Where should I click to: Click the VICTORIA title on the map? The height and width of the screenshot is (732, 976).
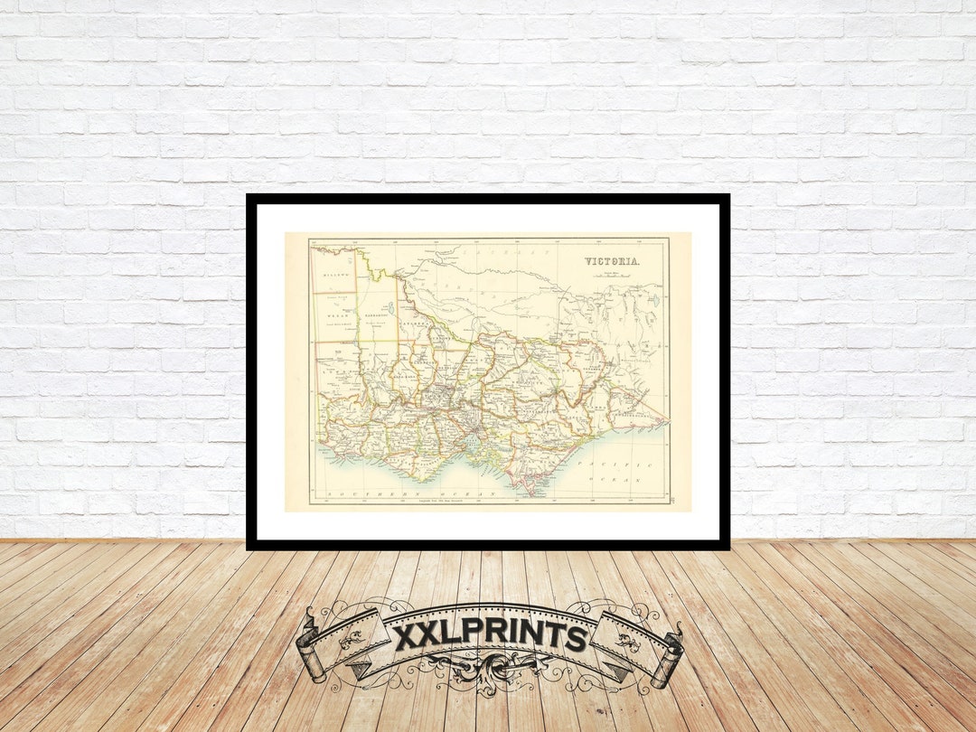(x=613, y=262)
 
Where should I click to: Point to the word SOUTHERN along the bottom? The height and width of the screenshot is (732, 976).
(x=375, y=495)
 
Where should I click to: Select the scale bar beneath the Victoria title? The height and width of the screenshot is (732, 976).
(x=613, y=277)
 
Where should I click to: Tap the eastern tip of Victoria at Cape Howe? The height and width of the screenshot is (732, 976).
(x=666, y=420)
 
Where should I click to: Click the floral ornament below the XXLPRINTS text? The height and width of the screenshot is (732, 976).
(x=490, y=673)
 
